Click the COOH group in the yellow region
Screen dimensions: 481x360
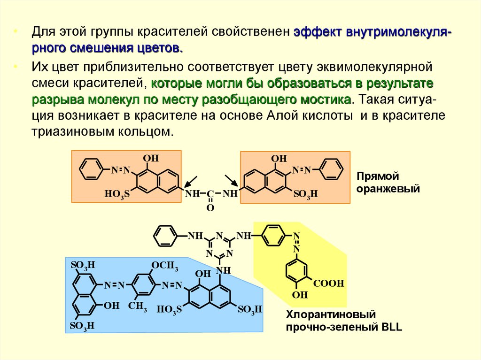click(329, 283)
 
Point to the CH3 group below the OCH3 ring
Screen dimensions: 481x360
click(138, 308)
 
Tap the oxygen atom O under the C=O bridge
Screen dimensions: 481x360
click(210, 207)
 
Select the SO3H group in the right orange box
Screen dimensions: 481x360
click(306, 194)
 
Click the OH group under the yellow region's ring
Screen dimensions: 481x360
click(299, 295)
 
